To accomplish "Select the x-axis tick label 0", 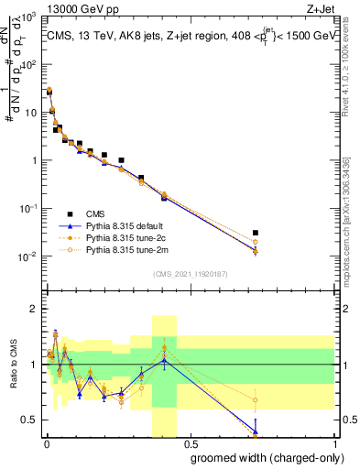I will click(x=46, y=442).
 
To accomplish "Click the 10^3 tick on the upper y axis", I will click(x=28, y=18).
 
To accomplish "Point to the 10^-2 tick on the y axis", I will click(x=28, y=256).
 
